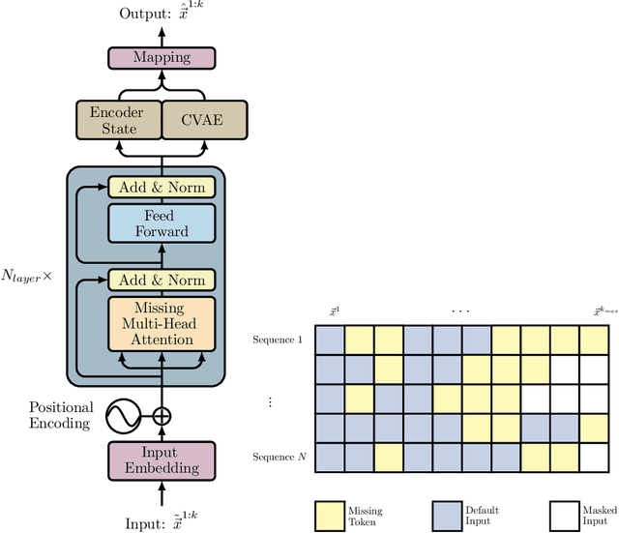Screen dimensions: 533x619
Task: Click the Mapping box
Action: (x=162, y=57)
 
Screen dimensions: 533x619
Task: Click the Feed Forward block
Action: (x=162, y=222)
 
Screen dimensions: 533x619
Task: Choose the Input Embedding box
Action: (x=162, y=460)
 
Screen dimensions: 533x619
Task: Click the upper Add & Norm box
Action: (x=162, y=187)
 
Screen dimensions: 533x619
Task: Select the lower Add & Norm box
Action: (x=162, y=281)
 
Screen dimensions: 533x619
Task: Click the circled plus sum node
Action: (x=162, y=416)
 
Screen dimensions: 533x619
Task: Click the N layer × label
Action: (x=34, y=276)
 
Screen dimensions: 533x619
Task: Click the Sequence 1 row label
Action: (x=278, y=340)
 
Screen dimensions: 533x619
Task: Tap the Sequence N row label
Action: (x=278, y=457)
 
